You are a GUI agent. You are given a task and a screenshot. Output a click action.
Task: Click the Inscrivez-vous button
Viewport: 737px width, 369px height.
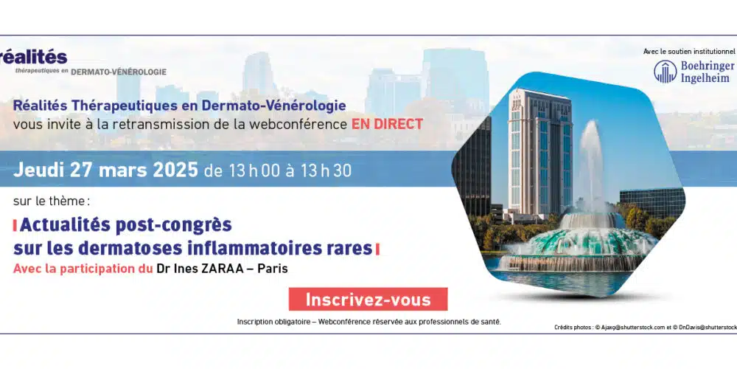368,300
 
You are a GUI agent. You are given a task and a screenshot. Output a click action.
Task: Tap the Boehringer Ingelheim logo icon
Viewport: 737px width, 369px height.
665,72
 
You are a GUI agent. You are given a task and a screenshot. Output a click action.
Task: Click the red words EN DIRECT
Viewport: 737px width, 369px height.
388,124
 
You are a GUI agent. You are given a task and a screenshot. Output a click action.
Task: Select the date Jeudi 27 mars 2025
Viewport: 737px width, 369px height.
105,170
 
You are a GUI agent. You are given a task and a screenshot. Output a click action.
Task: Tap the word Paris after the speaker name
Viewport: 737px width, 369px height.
276,269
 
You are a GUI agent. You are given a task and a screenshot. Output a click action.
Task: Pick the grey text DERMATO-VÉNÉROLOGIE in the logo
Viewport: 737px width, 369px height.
119,72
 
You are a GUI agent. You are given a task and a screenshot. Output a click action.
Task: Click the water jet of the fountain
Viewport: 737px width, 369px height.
590,165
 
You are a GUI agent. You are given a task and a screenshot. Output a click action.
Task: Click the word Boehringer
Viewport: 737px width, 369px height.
707,66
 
